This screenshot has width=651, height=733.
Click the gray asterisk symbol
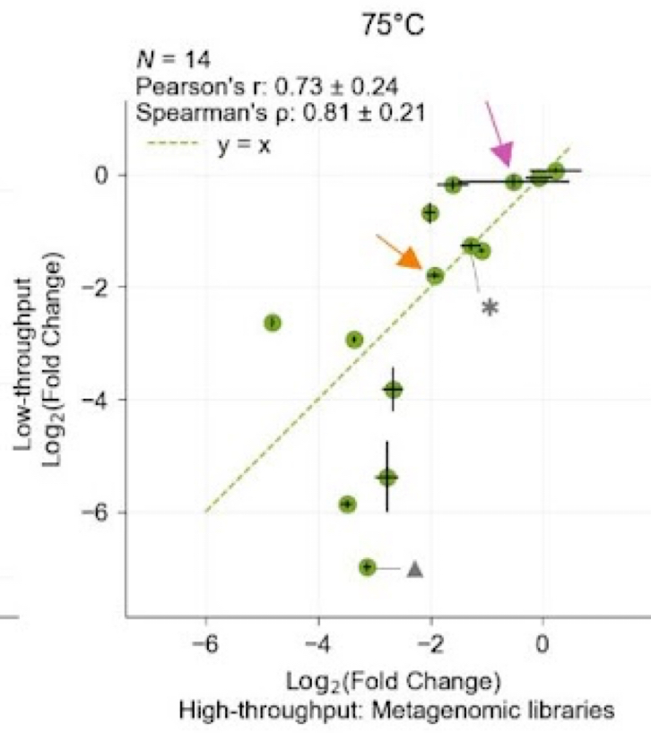pos(489,308)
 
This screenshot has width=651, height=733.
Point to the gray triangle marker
pos(414,568)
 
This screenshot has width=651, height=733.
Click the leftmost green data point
pos(273,323)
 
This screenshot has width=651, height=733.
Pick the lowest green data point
pos(367,567)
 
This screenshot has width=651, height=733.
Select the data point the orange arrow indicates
pos(435,275)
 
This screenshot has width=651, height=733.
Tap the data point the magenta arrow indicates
pos(514,182)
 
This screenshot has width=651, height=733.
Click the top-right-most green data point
pos(556,170)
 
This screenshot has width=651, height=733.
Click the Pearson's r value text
pos(266,86)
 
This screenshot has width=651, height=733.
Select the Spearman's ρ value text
pos(279,113)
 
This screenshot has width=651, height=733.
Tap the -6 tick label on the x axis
pos(205,648)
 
